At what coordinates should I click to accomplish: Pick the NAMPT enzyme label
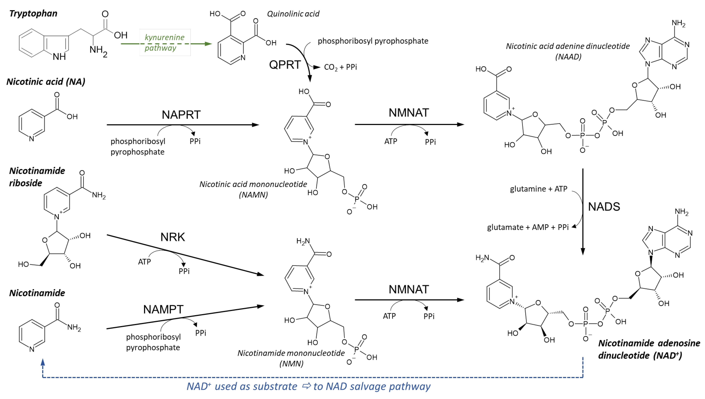coord(163,309)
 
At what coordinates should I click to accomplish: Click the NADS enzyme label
coord(604,207)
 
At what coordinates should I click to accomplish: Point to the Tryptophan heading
coord(33,13)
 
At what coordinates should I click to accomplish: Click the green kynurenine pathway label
coord(165,42)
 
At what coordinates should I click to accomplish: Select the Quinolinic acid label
coord(293,14)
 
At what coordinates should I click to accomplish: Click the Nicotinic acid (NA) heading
coord(46,82)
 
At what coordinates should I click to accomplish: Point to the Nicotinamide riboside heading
coord(37,177)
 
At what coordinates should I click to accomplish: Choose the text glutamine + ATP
coord(538,189)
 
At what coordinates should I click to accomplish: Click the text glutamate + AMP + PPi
coord(528,227)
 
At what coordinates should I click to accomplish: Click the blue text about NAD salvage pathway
coord(308,386)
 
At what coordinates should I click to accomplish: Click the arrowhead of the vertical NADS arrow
coord(583,252)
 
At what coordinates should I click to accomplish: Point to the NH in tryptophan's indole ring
coord(59,57)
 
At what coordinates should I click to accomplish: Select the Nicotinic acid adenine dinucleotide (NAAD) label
coord(568,51)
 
